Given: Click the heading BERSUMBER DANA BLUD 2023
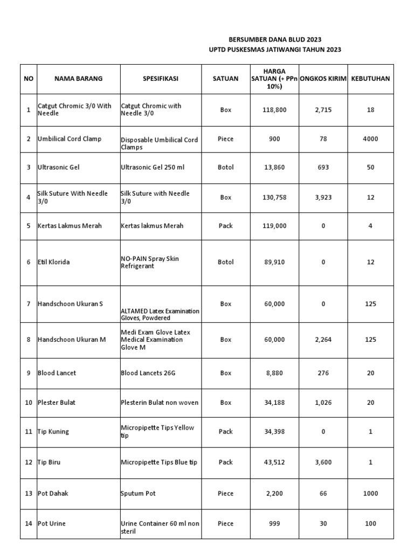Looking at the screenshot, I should (275, 39).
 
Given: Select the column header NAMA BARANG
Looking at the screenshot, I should (78, 79).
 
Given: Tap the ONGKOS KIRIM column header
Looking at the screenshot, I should (323, 79).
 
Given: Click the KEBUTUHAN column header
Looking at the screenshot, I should (370, 79).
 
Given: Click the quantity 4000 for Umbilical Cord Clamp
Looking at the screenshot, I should (370, 139).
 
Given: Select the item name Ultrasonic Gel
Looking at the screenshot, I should (58, 168).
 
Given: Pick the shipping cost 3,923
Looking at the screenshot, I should (323, 198).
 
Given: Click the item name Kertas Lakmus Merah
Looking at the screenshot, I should (70, 226).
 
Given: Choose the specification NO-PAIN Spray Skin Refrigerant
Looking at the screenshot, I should (150, 263).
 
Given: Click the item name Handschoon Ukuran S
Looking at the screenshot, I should (70, 304).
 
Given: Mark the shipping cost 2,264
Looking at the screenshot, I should (323, 340).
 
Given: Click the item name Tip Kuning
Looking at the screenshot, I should (53, 432).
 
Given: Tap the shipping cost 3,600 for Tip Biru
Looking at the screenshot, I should (323, 463).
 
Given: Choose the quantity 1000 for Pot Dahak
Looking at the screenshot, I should (370, 494).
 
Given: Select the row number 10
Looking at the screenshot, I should (28, 403).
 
